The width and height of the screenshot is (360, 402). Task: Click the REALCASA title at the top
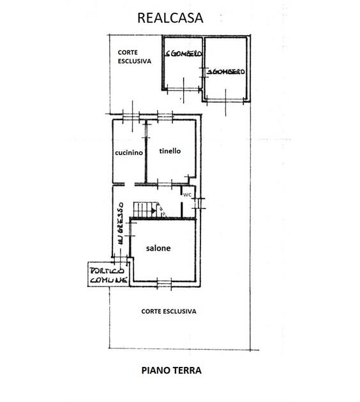click(170, 18)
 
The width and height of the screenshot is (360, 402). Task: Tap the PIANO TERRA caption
click(171, 371)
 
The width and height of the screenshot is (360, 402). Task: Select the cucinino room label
click(129, 153)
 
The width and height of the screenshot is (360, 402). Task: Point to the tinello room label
click(170, 151)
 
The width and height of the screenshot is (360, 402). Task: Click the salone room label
click(158, 248)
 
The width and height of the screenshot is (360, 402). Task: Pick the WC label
click(187, 195)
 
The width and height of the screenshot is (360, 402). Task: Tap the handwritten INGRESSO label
click(120, 223)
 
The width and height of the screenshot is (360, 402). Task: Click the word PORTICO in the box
click(107, 271)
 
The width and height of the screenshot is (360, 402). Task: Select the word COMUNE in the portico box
click(109, 279)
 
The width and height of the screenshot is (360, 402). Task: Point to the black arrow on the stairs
click(153, 211)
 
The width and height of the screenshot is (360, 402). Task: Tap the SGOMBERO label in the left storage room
click(183, 54)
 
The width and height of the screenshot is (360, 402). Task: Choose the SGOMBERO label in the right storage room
click(226, 71)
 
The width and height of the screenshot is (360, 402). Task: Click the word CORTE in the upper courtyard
click(128, 52)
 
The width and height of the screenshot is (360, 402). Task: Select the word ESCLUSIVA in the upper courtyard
click(134, 61)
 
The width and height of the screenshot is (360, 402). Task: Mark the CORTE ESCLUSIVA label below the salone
click(169, 311)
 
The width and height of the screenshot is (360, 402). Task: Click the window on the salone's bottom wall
click(164, 283)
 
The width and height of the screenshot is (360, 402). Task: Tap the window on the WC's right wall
click(198, 204)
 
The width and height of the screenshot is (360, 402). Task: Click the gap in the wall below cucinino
click(130, 184)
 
